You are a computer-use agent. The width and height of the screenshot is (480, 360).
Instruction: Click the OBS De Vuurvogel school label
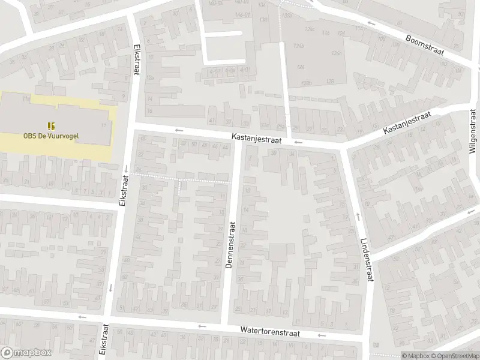tap(52, 136)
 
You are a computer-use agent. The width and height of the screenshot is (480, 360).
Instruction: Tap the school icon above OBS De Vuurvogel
tap(52, 125)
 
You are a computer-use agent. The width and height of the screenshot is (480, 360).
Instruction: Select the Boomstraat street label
tap(424, 44)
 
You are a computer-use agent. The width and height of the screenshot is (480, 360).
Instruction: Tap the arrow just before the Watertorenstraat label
tap(202, 327)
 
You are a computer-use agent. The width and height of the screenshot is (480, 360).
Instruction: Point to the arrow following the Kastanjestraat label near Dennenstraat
tap(299, 143)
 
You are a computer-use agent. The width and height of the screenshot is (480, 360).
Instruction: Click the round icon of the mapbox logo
tap(8, 353)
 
